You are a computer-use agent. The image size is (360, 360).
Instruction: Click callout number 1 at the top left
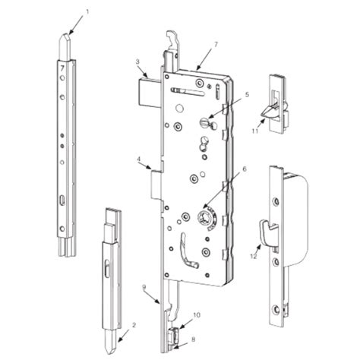point(87,12)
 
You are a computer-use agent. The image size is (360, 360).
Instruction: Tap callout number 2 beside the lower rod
point(134,325)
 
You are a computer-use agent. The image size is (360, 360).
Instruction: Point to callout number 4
point(139,160)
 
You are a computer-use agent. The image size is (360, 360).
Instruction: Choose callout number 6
point(244,170)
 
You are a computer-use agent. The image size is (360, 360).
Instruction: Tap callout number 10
point(196,314)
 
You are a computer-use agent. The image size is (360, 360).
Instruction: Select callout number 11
point(256,131)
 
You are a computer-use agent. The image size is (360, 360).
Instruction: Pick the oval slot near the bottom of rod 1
point(61,199)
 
